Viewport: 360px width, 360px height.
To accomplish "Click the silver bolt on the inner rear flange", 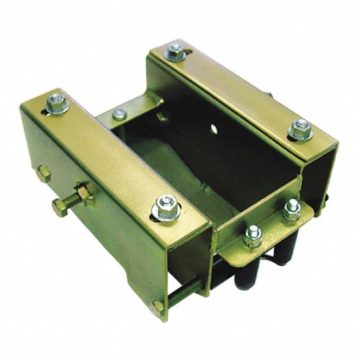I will pyautogui.click(x=119, y=114).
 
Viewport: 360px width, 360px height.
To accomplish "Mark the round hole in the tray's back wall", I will pyautogui.click(x=213, y=128).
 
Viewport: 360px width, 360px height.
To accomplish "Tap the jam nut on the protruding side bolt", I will pyautogui.click(x=84, y=196).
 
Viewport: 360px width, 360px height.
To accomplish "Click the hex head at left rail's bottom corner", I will pyautogui.click(x=159, y=306).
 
